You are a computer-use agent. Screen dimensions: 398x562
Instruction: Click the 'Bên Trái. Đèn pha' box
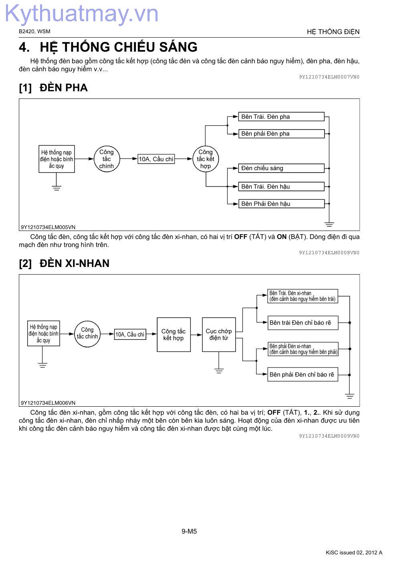point(281,116)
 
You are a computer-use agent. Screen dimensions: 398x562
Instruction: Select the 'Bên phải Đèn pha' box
point(281,133)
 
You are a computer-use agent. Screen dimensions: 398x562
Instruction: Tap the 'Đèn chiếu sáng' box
point(281,168)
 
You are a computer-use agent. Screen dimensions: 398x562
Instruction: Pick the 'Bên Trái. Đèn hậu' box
point(281,187)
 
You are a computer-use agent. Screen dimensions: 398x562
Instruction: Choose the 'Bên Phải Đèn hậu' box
point(281,203)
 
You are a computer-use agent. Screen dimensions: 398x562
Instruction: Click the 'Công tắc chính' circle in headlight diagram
point(107,159)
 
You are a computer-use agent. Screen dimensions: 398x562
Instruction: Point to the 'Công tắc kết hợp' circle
point(206,159)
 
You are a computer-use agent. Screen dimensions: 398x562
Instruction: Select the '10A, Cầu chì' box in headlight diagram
point(156,159)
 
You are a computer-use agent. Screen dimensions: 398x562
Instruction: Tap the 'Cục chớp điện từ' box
point(219,335)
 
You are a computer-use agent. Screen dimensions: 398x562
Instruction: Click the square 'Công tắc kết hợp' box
point(174,335)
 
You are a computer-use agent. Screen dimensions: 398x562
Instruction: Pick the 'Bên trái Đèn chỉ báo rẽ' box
point(303,323)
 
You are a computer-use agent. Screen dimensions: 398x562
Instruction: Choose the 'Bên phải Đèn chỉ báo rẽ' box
point(303,374)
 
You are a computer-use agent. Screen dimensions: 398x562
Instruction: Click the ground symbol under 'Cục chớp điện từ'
point(219,371)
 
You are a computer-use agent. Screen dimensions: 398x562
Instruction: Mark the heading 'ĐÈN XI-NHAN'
point(75,263)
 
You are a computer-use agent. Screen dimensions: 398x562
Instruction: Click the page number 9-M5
point(189,531)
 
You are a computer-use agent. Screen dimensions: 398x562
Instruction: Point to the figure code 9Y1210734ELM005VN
point(48,227)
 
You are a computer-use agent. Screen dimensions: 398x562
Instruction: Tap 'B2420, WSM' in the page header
point(34,31)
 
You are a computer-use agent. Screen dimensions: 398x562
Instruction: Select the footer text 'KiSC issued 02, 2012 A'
point(354,552)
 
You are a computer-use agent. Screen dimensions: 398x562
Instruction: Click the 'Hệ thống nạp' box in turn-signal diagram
point(43,333)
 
